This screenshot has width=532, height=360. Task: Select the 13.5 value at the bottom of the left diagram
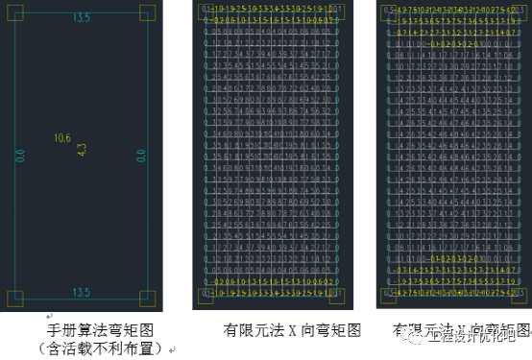(82, 292)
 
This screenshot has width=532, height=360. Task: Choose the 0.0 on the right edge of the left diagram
(141, 154)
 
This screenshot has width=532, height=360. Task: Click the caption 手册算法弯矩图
(84, 329)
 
